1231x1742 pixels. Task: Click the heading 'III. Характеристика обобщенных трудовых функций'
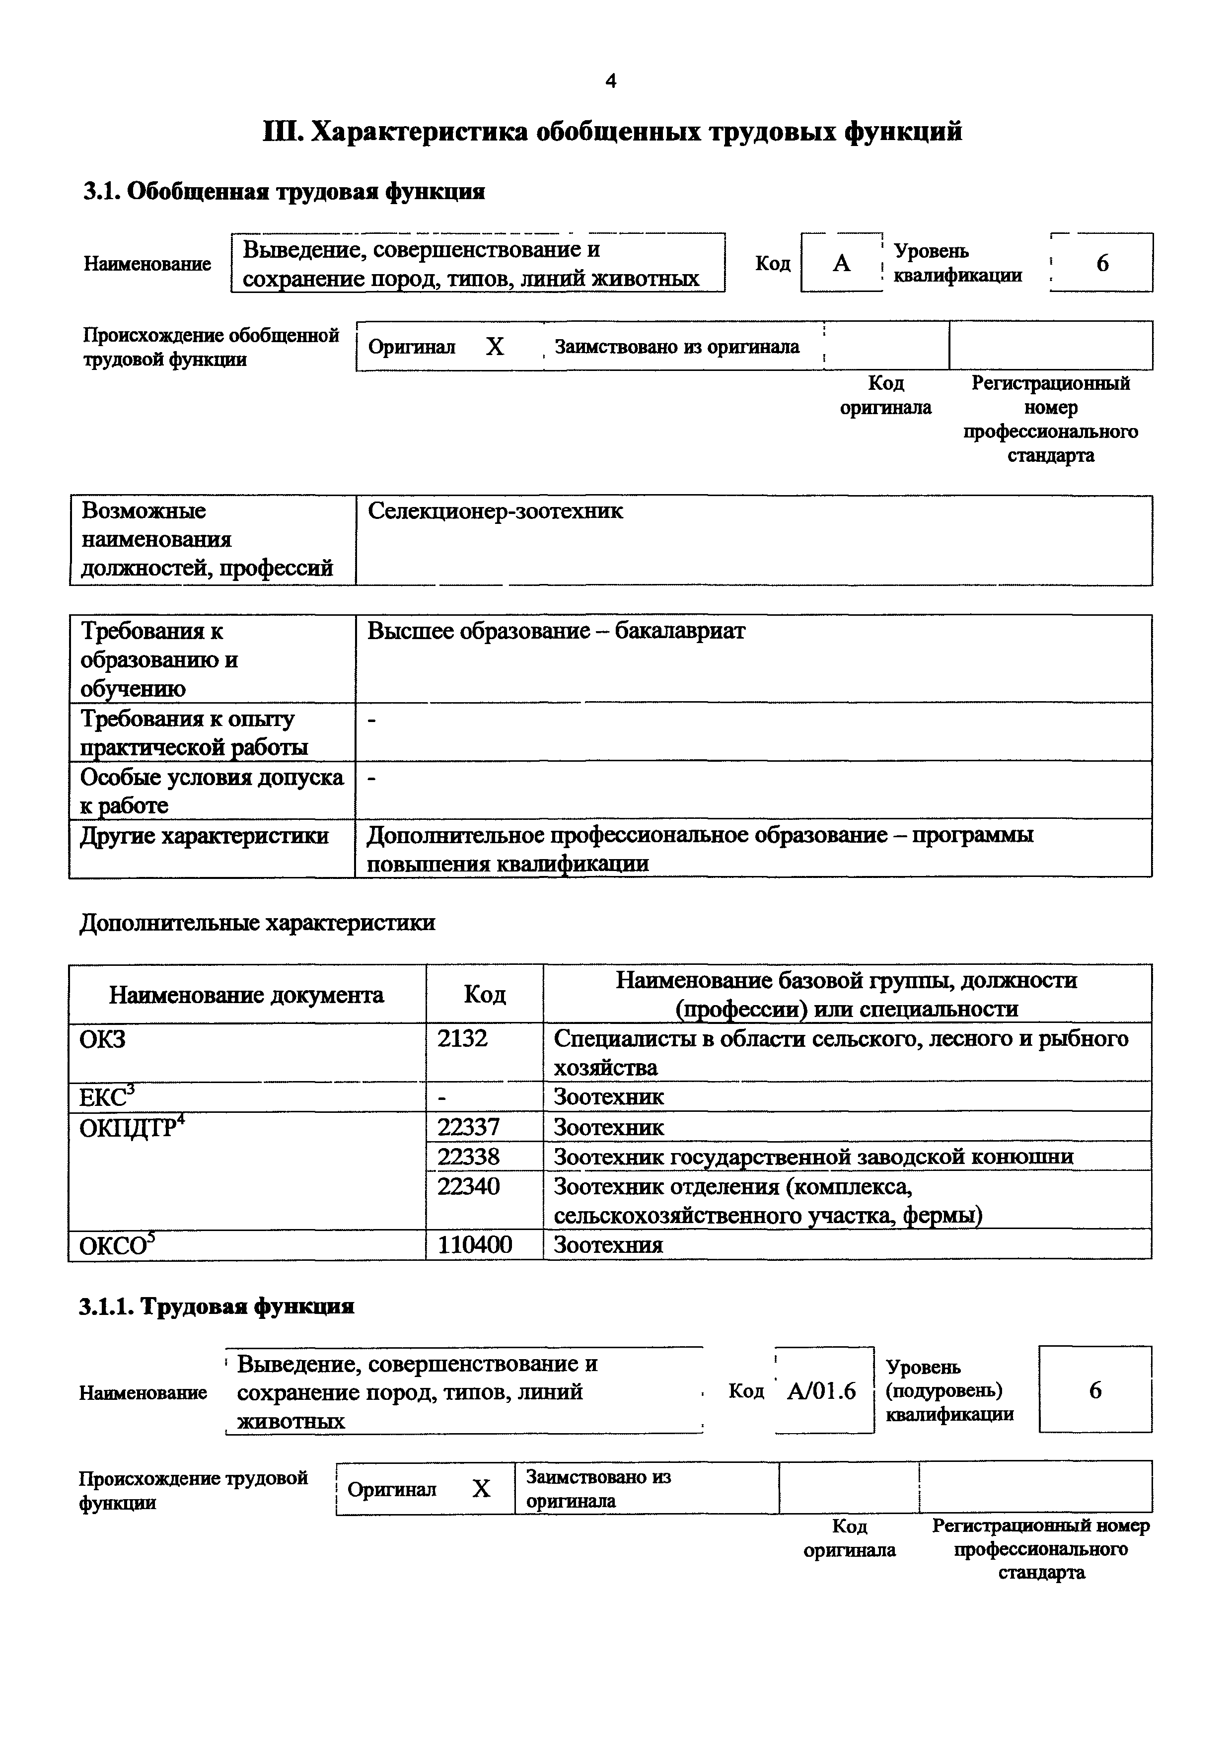tap(612, 132)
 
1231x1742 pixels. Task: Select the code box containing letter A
tap(841, 263)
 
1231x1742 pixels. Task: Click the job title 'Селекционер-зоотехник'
tap(495, 511)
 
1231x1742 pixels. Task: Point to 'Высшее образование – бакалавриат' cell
tap(556, 631)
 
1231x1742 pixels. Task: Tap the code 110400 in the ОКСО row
tap(474, 1245)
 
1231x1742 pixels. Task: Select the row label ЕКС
tap(107, 1097)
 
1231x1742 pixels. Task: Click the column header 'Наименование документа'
tap(246, 995)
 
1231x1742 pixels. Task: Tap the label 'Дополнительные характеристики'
tap(257, 923)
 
